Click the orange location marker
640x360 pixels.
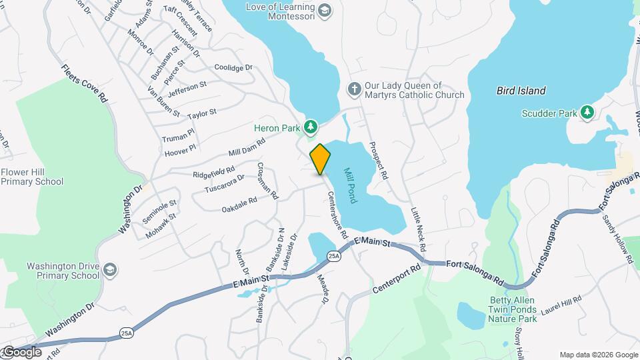(x=320, y=159)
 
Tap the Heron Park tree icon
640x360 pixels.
(x=310, y=127)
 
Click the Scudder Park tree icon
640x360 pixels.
(x=587, y=113)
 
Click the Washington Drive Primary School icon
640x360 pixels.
(x=110, y=271)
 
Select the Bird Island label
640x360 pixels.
(x=521, y=91)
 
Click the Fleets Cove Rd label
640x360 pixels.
(x=85, y=83)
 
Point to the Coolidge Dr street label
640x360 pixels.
(x=233, y=67)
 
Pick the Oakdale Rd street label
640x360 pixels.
(x=239, y=205)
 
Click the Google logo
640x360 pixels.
(x=21, y=352)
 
